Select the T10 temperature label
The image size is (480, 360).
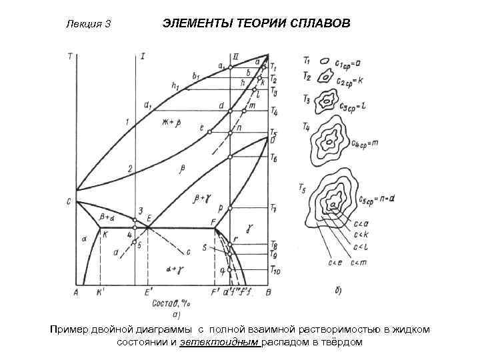click(x=275, y=269)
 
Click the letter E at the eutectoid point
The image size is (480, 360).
click(x=149, y=218)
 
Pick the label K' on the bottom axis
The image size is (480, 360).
click(x=100, y=292)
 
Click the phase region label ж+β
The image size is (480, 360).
click(x=172, y=122)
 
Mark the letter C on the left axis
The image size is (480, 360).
click(x=69, y=201)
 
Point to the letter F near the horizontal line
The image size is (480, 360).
click(x=212, y=221)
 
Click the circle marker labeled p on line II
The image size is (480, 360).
click(x=229, y=209)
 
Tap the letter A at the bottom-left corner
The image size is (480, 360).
click(x=75, y=291)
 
